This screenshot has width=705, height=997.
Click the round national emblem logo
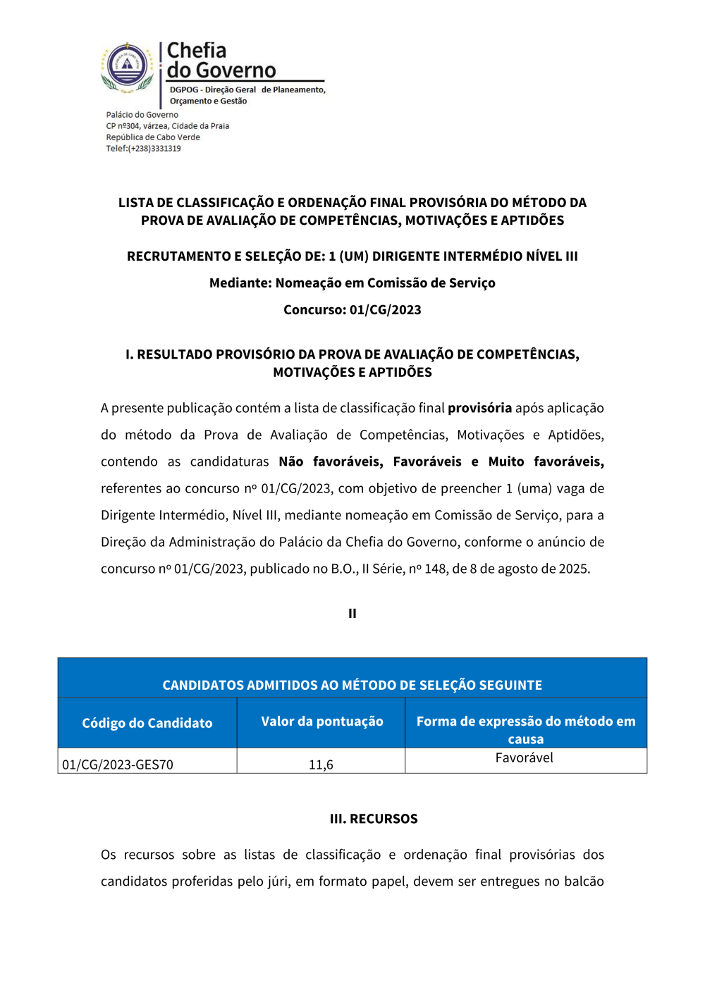[127, 67]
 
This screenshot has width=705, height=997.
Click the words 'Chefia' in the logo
[197, 51]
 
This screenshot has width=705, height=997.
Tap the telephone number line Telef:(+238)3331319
[143, 149]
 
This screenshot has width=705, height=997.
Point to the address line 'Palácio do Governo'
[142, 115]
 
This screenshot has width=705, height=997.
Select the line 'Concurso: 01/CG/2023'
[352, 310]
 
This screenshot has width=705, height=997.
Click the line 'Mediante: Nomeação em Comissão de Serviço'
[352, 283]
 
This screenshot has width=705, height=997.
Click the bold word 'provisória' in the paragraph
[479, 408]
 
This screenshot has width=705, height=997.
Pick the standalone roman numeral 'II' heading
[352, 614]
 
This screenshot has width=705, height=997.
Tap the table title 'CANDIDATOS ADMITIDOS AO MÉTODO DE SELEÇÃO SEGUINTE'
[352, 685]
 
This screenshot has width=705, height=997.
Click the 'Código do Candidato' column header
[147, 723]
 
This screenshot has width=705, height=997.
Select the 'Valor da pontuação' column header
[321, 722]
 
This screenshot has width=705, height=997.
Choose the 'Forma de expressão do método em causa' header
[525, 729]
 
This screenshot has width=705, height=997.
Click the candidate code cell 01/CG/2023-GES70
[118, 764]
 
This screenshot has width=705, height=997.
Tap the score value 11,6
[321, 764]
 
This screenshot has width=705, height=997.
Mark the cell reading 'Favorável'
[524, 758]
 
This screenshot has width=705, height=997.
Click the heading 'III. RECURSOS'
[374, 819]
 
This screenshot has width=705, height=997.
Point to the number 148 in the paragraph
[435, 569]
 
